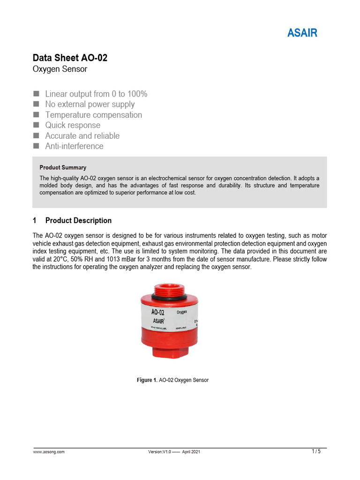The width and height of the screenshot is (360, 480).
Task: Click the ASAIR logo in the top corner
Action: coord(302,33)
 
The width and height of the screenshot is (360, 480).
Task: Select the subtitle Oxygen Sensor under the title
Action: coord(60,69)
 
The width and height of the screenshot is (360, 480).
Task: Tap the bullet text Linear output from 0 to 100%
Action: coord(96,94)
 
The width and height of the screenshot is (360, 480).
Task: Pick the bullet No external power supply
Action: coord(90,104)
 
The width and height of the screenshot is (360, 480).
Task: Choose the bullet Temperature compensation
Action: coord(93,115)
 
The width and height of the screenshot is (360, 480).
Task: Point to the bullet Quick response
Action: coord(73,125)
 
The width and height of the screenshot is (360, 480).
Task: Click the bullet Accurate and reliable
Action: coord(82,136)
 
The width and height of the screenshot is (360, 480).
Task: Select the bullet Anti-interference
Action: coord(74,146)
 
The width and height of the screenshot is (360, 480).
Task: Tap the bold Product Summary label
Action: coord(63,167)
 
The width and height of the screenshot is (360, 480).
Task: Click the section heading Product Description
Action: coord(78,220)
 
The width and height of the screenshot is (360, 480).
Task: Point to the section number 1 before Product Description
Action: coord(35,220)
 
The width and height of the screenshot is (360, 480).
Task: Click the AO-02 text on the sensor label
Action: coord(157,312)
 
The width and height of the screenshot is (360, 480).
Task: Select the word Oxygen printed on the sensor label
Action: coord(182,312)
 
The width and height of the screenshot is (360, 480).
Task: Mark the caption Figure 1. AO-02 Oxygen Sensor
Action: coord(172,380)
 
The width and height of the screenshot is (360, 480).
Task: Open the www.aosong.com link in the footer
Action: coord(49,452)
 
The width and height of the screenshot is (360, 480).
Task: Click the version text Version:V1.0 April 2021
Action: coord(174,452)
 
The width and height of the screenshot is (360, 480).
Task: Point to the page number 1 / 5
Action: coord(316,451)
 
